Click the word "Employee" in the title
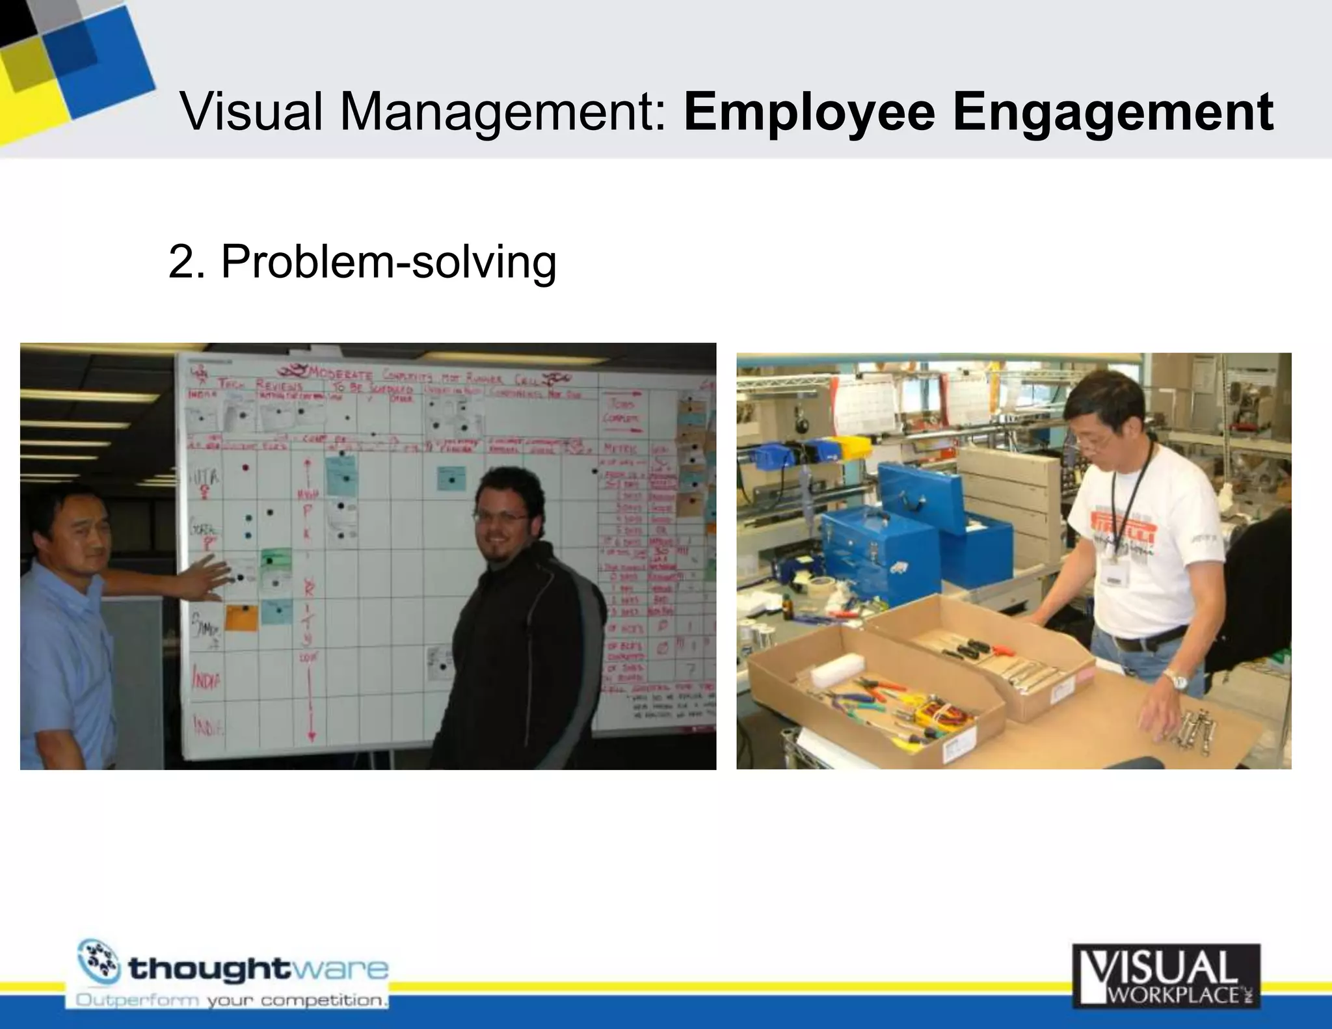click(808, 113)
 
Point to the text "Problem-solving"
click(388, 262)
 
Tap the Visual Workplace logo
click(1165, 976)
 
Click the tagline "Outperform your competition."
click(232, 1000)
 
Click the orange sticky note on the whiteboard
click(241, 617)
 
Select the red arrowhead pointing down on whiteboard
click(312, 736)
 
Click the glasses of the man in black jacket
click(501, 518)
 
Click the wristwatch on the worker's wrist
click(1175, 680)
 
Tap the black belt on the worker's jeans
click(1150, 639)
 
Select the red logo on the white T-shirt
click(1125, 522)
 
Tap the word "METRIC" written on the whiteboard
click(622, 449)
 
